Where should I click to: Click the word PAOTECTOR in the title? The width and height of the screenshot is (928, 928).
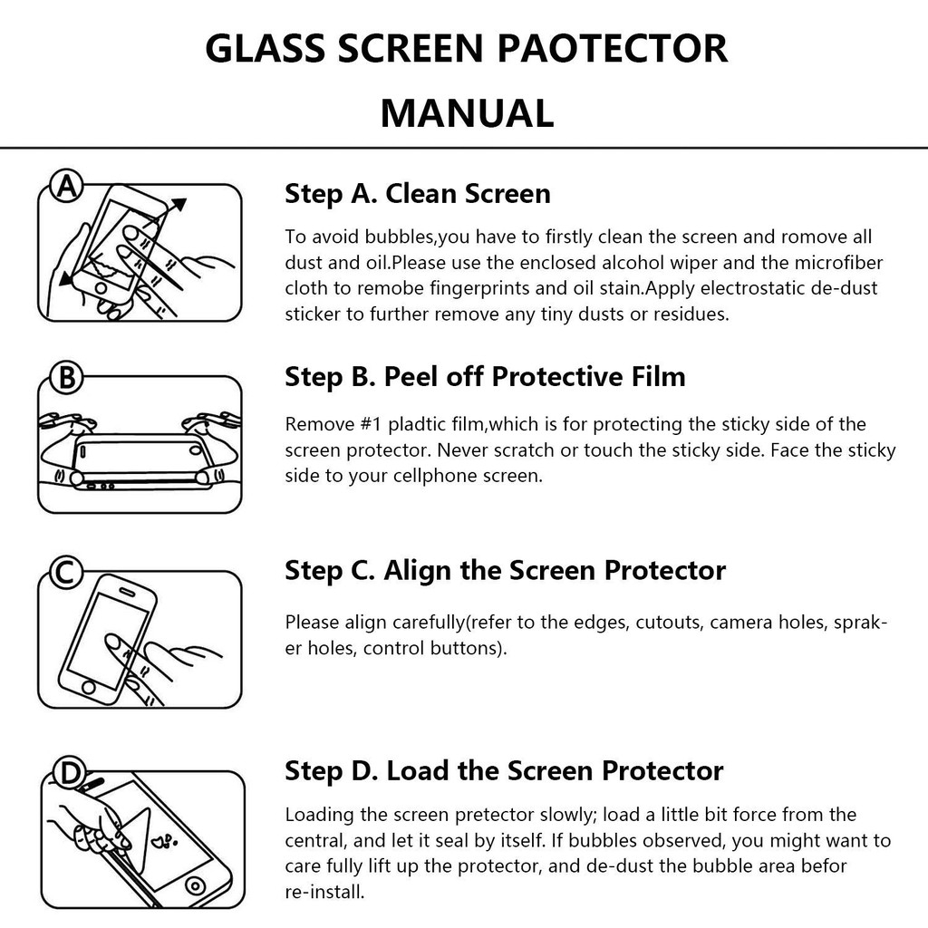(x=612, y=48)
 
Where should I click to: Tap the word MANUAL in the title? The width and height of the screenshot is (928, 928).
(x=467, y=113)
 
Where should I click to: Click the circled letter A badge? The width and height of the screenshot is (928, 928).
(x=66, y=187)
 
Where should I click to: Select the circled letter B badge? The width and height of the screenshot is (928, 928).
(x=66, y=376)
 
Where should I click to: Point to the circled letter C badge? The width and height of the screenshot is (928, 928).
(x=66, y=572)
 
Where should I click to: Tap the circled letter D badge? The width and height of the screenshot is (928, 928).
(x=70, y=773)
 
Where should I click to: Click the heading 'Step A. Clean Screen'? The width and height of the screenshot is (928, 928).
(x=417, y=194)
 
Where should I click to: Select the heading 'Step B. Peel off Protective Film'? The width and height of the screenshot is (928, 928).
(x=485, y=377)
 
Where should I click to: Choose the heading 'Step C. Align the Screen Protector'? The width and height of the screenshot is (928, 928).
(x=505, y=571)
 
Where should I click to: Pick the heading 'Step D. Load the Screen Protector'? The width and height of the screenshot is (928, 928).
(x=504, y=771)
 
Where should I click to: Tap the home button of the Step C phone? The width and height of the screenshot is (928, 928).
(x=88, y=687)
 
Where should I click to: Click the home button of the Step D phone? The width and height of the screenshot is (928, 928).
(x=195, y=886)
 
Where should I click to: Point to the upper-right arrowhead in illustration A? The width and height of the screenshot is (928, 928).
(x=179, y=205)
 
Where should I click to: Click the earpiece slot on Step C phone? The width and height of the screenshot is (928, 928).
(x=128, y=591)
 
